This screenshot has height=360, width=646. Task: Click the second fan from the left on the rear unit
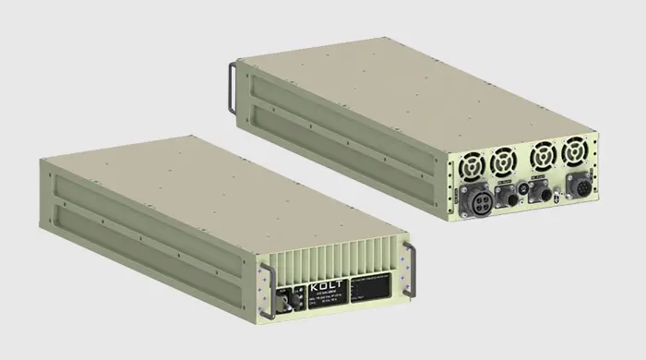pyautogui.click(x=503, y=162)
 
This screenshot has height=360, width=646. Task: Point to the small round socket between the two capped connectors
pyautogui.click(x=525, y=191)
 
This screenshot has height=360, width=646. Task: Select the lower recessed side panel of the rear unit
pyautogui.click(x=341, y=138)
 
